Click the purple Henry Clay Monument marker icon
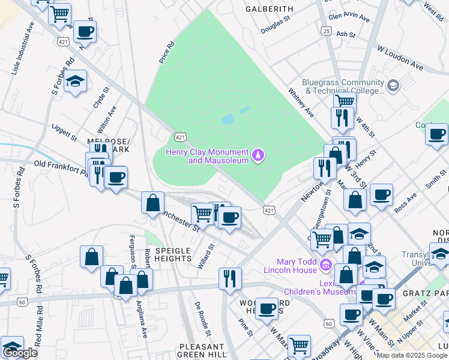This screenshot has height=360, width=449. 258,155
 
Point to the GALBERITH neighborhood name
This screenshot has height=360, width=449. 270,9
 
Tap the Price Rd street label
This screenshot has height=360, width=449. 166,52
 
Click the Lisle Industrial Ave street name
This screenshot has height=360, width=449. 23,47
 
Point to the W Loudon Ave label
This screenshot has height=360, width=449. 400,57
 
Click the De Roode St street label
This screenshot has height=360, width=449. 202,319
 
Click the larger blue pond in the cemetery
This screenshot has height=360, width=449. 228,119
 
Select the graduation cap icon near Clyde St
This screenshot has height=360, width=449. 75,82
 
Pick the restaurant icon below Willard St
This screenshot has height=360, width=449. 230,278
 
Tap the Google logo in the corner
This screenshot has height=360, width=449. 20,353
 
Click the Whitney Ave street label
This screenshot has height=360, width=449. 301,103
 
